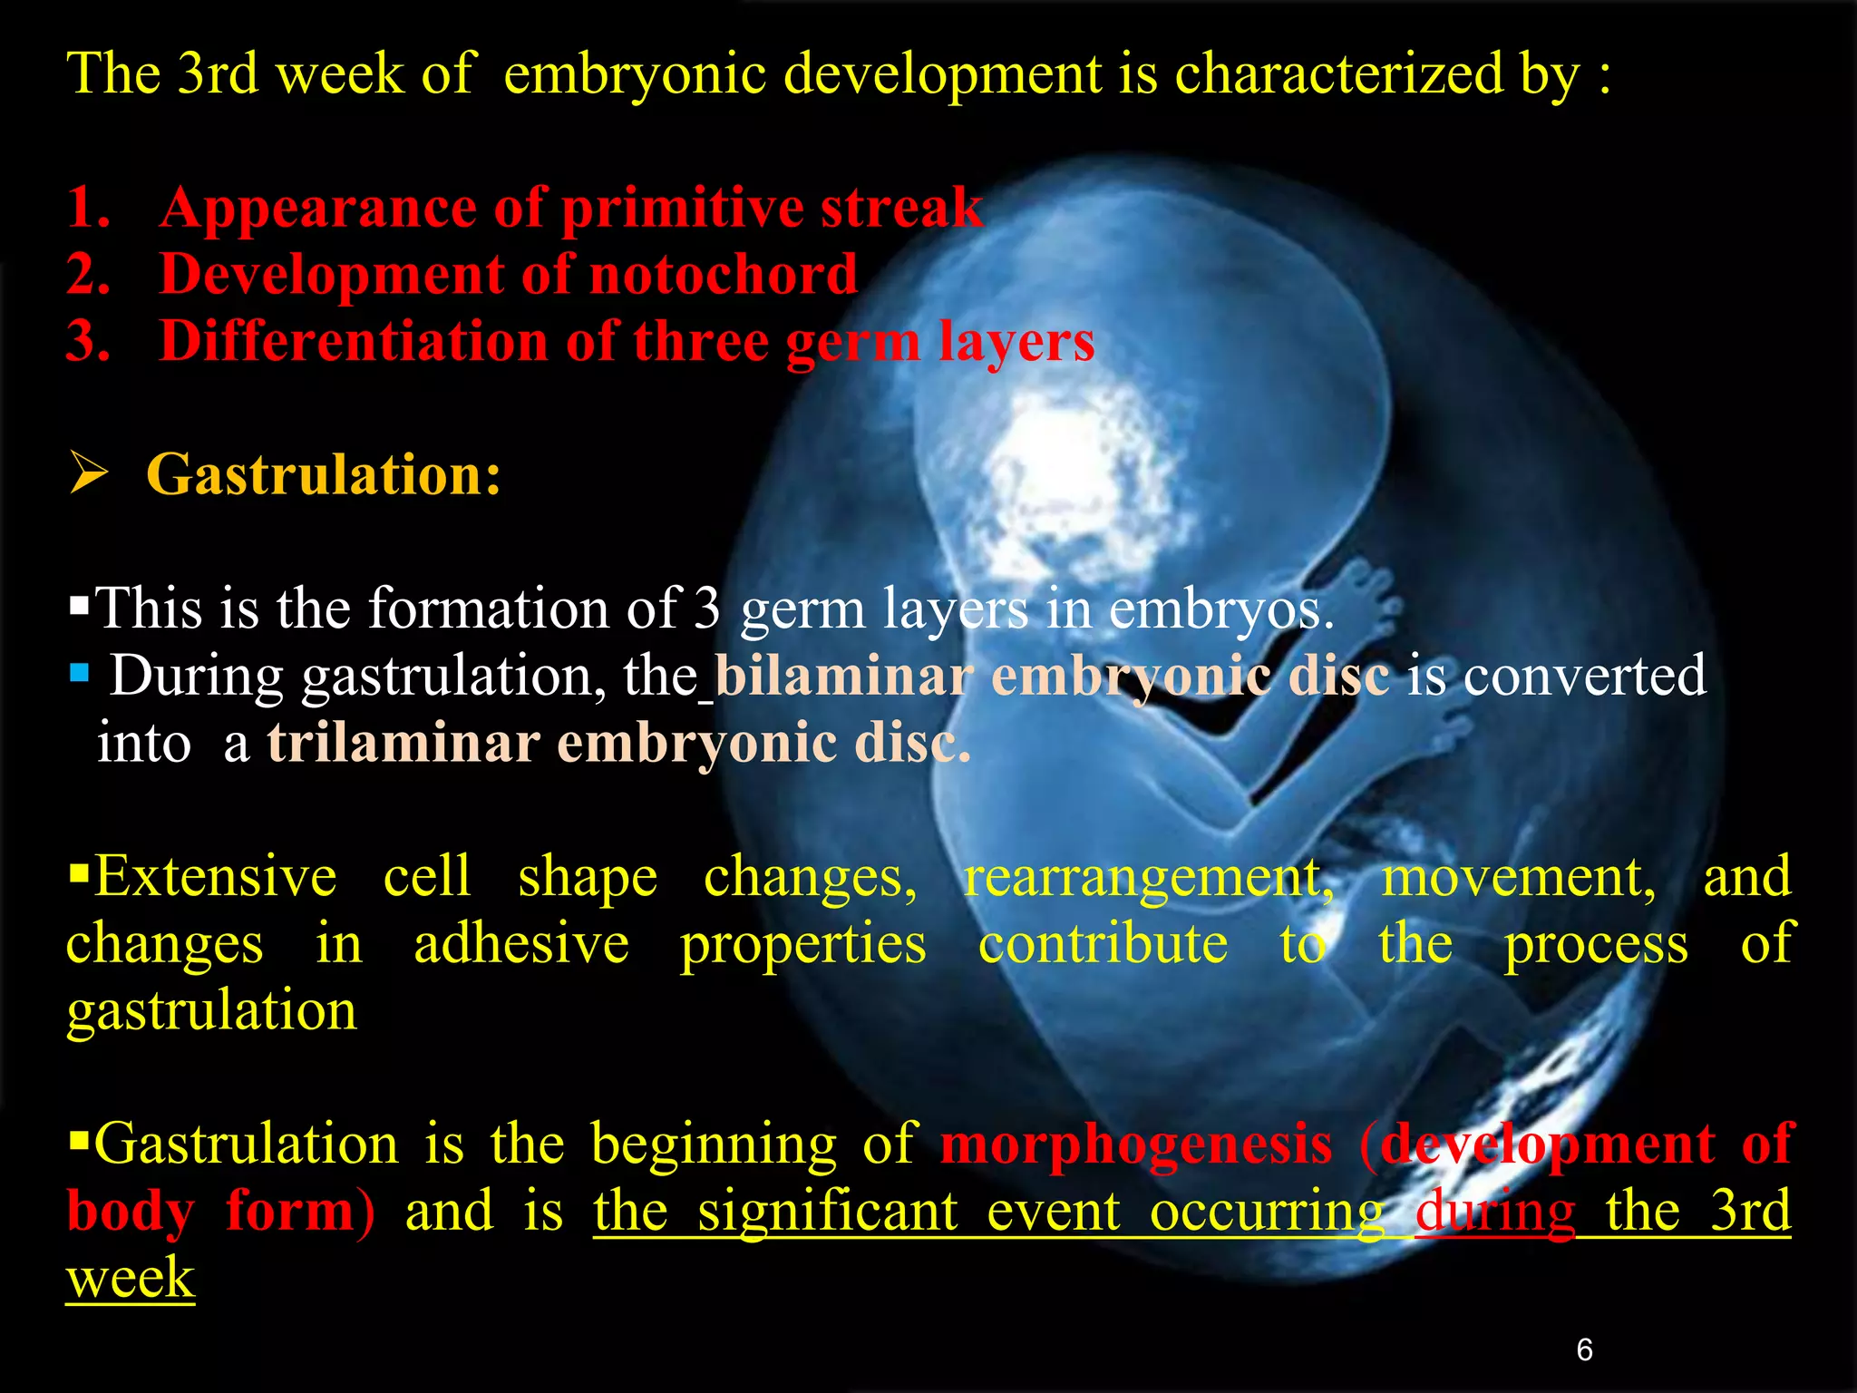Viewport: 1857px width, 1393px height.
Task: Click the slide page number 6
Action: coord(1584,1349)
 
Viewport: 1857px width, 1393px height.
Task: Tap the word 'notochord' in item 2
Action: coord(723,274)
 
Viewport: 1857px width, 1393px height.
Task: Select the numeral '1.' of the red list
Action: coord(89,207)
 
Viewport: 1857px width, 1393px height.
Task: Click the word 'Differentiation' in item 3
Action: coord(354,341)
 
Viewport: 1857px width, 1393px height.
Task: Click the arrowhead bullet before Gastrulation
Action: coord(89,474)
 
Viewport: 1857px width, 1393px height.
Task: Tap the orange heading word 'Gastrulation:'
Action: coord(324,474)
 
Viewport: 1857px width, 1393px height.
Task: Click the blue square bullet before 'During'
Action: coord(80,673)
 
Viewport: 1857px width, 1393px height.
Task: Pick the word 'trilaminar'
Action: coord(403,744)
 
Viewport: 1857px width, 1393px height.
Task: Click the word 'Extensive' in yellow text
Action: coord(215,877)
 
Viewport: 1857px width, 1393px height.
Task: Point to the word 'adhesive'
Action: coord(521,944)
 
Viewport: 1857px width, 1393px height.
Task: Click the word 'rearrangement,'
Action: coord(1148,877)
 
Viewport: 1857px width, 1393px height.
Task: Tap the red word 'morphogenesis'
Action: coord(1136,1144)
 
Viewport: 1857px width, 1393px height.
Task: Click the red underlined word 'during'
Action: coord(1495,1211)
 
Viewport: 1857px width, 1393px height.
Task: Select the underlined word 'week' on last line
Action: coord(131,1278)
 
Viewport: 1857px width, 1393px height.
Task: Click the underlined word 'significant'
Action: coord(827,1211)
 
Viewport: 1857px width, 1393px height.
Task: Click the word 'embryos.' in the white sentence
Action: coord(1221,609)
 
